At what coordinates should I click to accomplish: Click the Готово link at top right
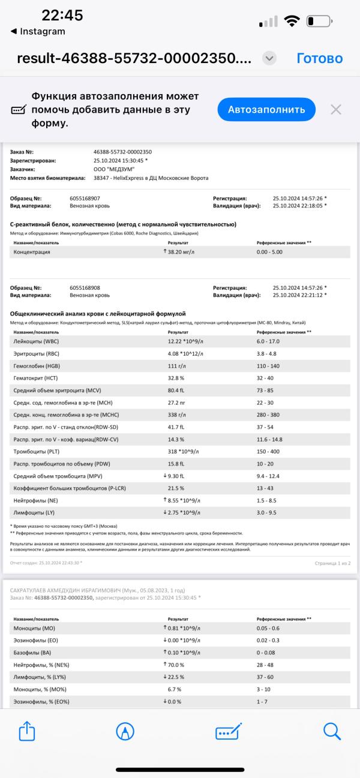(319, 58)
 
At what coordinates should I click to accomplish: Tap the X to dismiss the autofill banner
(336, 109)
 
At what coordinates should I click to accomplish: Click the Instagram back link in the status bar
(38, 31)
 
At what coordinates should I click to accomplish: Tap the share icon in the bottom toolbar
(28, 731)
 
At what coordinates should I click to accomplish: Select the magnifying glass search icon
(332, 731)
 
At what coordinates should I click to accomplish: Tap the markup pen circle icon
(125, 731)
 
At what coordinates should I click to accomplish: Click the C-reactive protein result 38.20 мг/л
(184, 252)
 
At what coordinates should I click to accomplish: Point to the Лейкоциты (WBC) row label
(40, 341)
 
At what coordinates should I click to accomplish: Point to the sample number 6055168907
(85, 198)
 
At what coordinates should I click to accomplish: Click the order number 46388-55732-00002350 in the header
(122, 152)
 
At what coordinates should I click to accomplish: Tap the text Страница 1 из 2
(332, 563)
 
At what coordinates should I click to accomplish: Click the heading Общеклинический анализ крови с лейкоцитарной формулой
(98, 314)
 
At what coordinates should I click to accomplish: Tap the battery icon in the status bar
(319, 22)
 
